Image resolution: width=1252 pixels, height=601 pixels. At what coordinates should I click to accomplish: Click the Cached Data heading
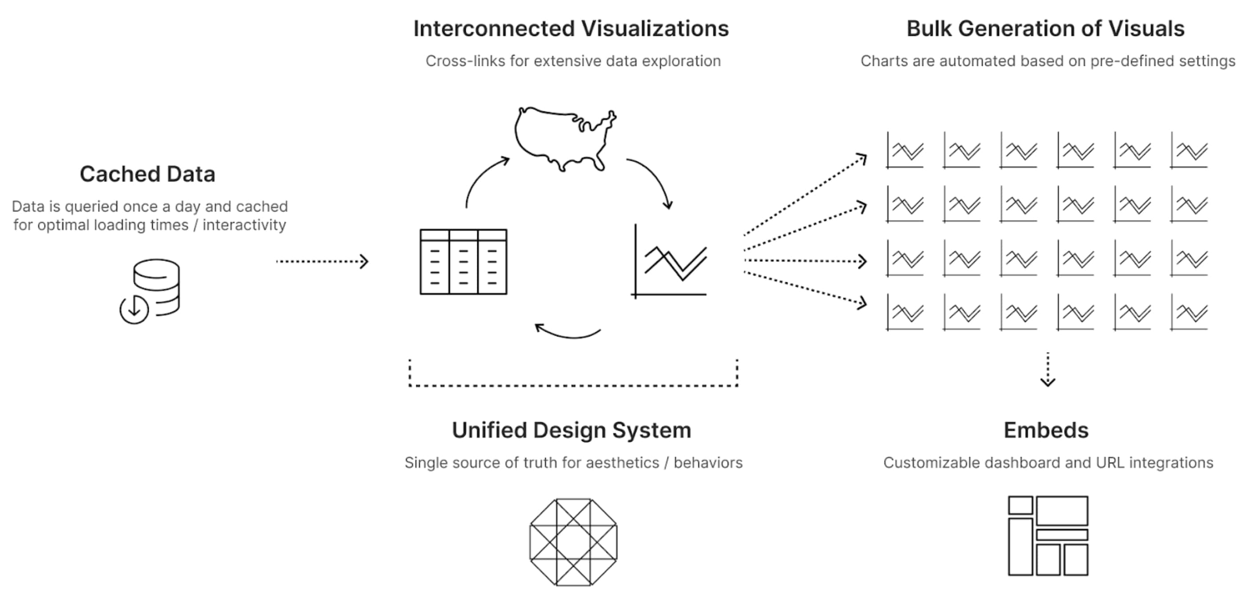click(x=147, y=174)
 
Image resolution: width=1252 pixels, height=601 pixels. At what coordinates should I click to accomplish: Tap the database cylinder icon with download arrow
click(x=150, y=291)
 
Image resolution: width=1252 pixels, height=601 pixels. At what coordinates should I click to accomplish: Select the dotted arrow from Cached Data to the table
click(x=322, y=261)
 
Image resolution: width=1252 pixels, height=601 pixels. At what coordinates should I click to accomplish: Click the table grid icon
click(x=463, y=262)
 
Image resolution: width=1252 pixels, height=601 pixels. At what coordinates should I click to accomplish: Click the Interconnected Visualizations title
click(x=571, y=28)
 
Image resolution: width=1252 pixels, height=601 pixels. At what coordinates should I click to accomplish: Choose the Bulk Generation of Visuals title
click(x=1045, y=28)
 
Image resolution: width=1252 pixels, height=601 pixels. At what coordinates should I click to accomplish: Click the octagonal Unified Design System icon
click(x=573, y=542)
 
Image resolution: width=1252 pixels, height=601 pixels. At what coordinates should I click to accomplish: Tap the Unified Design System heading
click(x=572, y=430)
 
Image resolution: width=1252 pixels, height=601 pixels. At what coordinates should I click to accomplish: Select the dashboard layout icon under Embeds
click(x=1048, y=536)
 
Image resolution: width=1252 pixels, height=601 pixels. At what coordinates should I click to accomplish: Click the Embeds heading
click(x=1046, y=430)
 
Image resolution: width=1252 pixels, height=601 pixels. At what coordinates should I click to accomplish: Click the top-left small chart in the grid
click(x=905, y=150)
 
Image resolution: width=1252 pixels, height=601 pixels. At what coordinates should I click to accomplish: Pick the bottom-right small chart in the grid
click(x=1189, y=312)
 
